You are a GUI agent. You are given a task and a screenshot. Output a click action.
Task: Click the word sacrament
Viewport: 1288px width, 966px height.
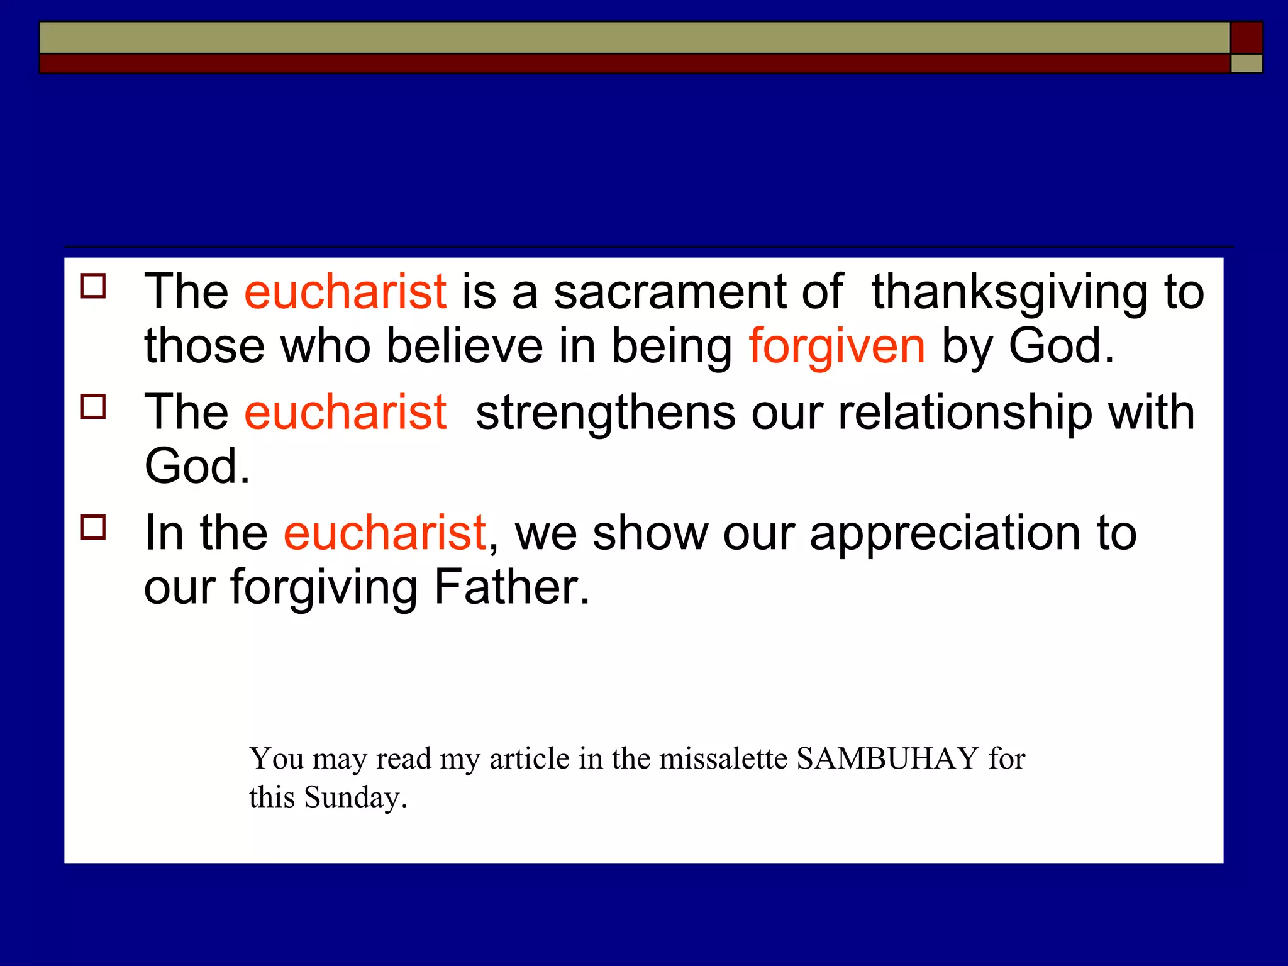669,292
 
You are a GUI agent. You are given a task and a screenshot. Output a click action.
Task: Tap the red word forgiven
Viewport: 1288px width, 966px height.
836,347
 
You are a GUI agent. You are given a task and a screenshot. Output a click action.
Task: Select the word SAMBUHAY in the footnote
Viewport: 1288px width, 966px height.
887,758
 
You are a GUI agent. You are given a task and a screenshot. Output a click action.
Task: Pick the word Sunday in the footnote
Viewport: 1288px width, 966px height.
355,797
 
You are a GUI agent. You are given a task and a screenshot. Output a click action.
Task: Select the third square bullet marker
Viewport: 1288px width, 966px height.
93,527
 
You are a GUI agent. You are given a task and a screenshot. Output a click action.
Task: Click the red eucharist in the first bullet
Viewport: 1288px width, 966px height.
345,292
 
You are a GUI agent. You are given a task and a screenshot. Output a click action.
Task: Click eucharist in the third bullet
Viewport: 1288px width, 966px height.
384,533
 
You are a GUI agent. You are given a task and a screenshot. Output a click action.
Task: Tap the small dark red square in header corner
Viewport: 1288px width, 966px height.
1246,37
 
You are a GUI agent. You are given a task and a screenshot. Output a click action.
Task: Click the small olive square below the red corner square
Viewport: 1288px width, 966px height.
1246,64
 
